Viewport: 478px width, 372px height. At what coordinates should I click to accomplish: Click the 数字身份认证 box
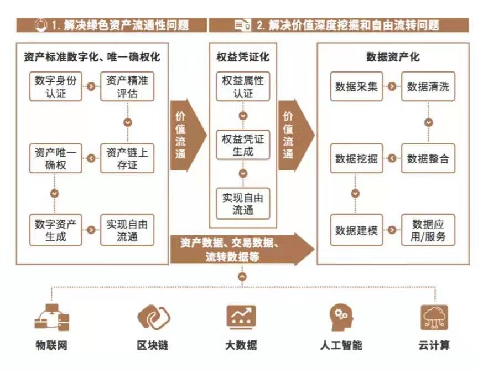pyautogui.click(x=55, y=86)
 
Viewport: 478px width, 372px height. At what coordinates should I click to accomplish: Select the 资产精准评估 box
pyautogui.click(x=127, y=86)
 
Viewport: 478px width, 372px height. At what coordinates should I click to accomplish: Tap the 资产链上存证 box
pyautogui.click(x=127, y=158)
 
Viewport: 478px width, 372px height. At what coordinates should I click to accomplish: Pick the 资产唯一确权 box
pyautogui.click(x=55, y=158)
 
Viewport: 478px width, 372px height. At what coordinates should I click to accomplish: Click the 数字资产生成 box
pyautogui.click(x=55, y=230)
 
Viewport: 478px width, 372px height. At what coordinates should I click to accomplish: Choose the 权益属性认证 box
pyautogui.click(x=243, y=86)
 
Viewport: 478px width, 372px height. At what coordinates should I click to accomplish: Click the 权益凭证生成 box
pyautogui.click(x=243, y=145)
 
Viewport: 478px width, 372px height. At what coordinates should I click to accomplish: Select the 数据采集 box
pyautogui.click(x=356, y=86)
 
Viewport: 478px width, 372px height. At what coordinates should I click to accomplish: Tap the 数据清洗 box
pyautogui.click(x=428, y=86)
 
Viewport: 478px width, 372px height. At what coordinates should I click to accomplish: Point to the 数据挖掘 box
pyautogui.click(x=356, y=158)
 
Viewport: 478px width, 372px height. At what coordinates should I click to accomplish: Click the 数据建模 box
pyautogui.click(x=356, y=230)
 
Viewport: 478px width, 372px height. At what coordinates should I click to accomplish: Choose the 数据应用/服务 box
pyautogui.click(x=428, y=230)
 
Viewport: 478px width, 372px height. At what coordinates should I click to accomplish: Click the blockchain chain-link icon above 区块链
pyautogui.click(x=154, y=317)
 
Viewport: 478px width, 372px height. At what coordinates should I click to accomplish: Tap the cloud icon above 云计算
pyautogui.click(x=434, y=317)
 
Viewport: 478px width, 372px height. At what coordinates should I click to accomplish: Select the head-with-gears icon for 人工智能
pyautogui.click(x=341, y=317)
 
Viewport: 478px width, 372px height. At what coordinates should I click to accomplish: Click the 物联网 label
pyautogui.click(x=51, y=345)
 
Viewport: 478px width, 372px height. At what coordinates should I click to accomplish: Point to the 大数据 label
pyautogui.click(x=241, y=345)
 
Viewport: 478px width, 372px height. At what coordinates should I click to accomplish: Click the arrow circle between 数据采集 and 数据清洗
pyautogui.click(x=392, y=86)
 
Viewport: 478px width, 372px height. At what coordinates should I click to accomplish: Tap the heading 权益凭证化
pyautogui.click(x=243, y=57)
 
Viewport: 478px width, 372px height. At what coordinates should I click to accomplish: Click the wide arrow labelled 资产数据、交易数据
pyautogui.click(x=242, y=250)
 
